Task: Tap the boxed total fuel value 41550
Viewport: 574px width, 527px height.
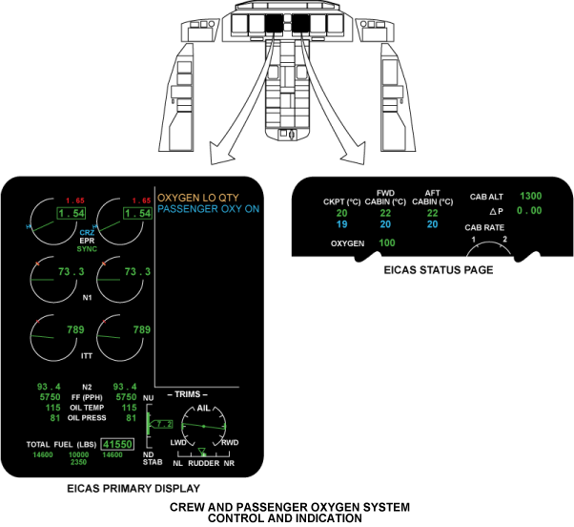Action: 120,444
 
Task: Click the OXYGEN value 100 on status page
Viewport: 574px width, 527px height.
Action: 387,243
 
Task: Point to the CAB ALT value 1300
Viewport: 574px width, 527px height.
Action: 531,196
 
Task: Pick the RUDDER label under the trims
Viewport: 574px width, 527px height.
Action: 203,463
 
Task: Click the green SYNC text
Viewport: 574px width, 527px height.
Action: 88,248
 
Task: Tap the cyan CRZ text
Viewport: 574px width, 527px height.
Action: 88,232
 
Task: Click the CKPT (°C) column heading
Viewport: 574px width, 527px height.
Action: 340,201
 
